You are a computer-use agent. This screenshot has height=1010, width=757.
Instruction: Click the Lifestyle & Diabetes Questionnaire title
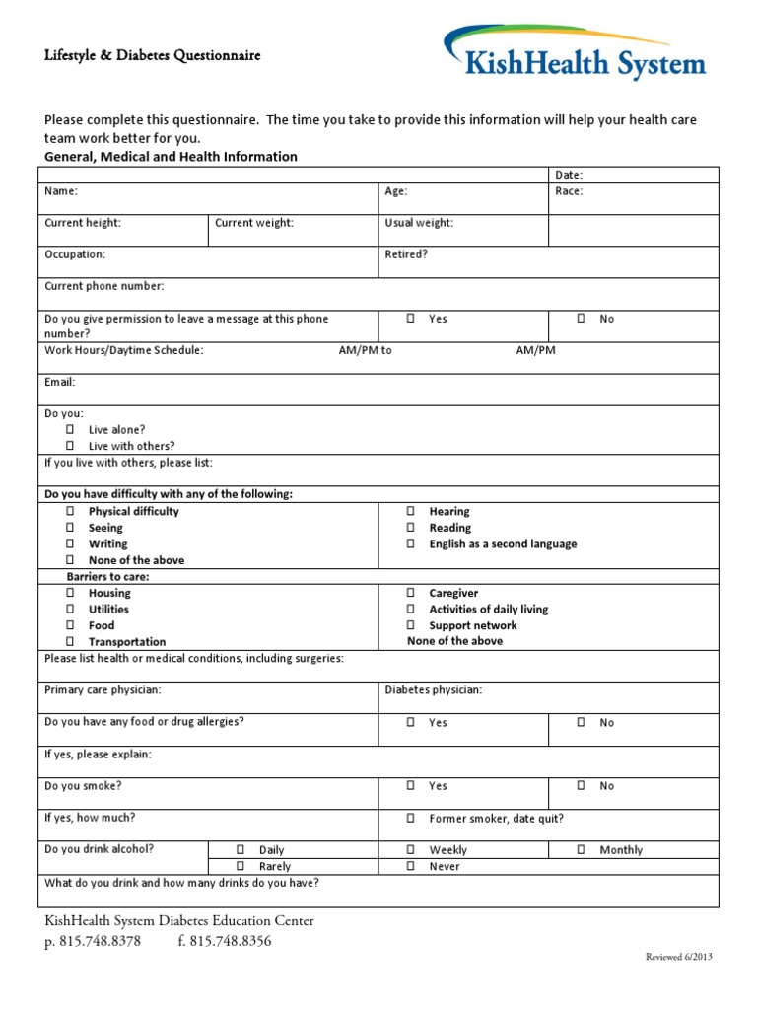153,56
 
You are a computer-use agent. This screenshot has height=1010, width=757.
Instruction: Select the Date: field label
569,175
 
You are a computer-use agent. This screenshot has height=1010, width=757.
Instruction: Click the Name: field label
61,191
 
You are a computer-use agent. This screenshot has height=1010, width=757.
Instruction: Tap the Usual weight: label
419,223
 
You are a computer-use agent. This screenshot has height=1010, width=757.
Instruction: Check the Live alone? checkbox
71,430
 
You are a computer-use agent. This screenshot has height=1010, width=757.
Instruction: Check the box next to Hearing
411,512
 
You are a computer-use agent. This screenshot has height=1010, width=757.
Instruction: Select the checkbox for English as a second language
411,544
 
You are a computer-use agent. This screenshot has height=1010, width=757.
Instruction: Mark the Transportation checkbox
71,642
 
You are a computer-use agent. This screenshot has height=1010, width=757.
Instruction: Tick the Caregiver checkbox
411,594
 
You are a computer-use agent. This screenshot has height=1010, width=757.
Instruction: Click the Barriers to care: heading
108,577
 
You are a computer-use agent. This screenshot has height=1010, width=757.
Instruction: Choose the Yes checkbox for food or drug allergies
411,723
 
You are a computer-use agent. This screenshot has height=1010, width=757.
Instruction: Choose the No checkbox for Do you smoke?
582,786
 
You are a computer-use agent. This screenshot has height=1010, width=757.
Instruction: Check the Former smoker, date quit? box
411,819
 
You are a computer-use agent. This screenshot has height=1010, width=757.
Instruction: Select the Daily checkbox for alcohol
241,850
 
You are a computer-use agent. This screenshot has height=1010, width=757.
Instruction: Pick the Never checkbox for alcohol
411,867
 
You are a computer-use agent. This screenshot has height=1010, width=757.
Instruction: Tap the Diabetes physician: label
433,690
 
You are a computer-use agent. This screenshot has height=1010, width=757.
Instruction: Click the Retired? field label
406,254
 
